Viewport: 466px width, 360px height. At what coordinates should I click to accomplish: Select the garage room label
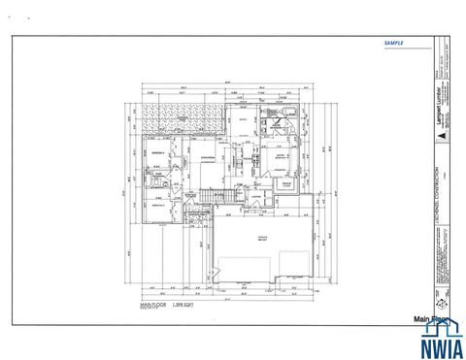[x=260, y=239]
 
